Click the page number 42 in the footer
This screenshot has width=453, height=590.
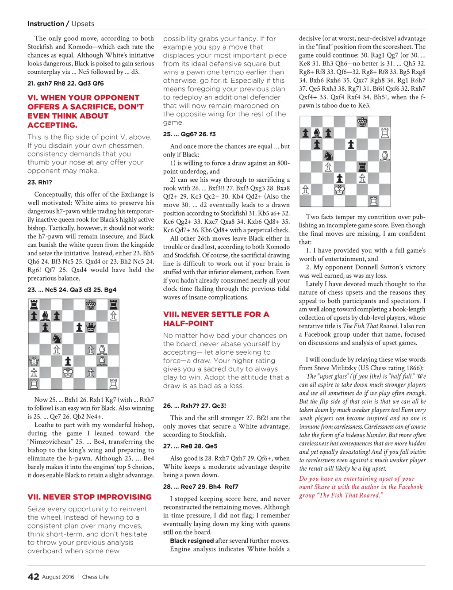click(x=33, y=576)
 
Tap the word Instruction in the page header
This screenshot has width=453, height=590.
click(x=46, y=24)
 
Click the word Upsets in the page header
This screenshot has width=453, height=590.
click(x=83, y=24)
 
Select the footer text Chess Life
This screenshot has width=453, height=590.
click(x=95, y=577)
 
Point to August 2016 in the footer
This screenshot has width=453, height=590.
click(x=58, y=577)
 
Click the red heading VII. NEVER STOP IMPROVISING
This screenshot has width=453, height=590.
click(x=89, y=497)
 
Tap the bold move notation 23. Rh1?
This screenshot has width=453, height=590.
click(x=40, y=182)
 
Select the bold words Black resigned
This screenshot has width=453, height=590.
click(x=192, y=540)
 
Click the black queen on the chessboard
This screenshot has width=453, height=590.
click(x=91, y=327)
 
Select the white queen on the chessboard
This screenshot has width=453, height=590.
click(x=34, y=361)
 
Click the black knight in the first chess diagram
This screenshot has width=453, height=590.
click(x=57, y=338)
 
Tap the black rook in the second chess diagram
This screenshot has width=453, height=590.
click(x=362, y=167)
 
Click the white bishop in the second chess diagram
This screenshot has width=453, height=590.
click(x=385, y=155)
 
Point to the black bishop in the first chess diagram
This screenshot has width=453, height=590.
click(x=45, y=316)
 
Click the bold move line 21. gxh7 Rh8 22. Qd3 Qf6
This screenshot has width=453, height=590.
click(x=65, y=83)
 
